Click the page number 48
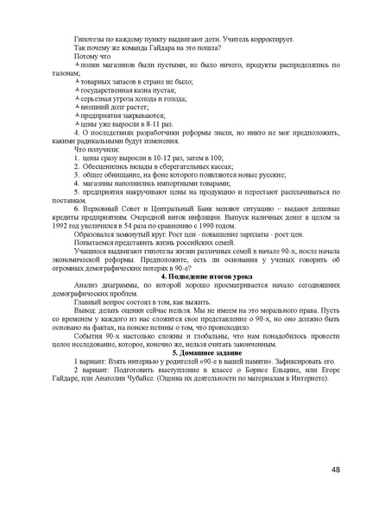click(x=334, y=469)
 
